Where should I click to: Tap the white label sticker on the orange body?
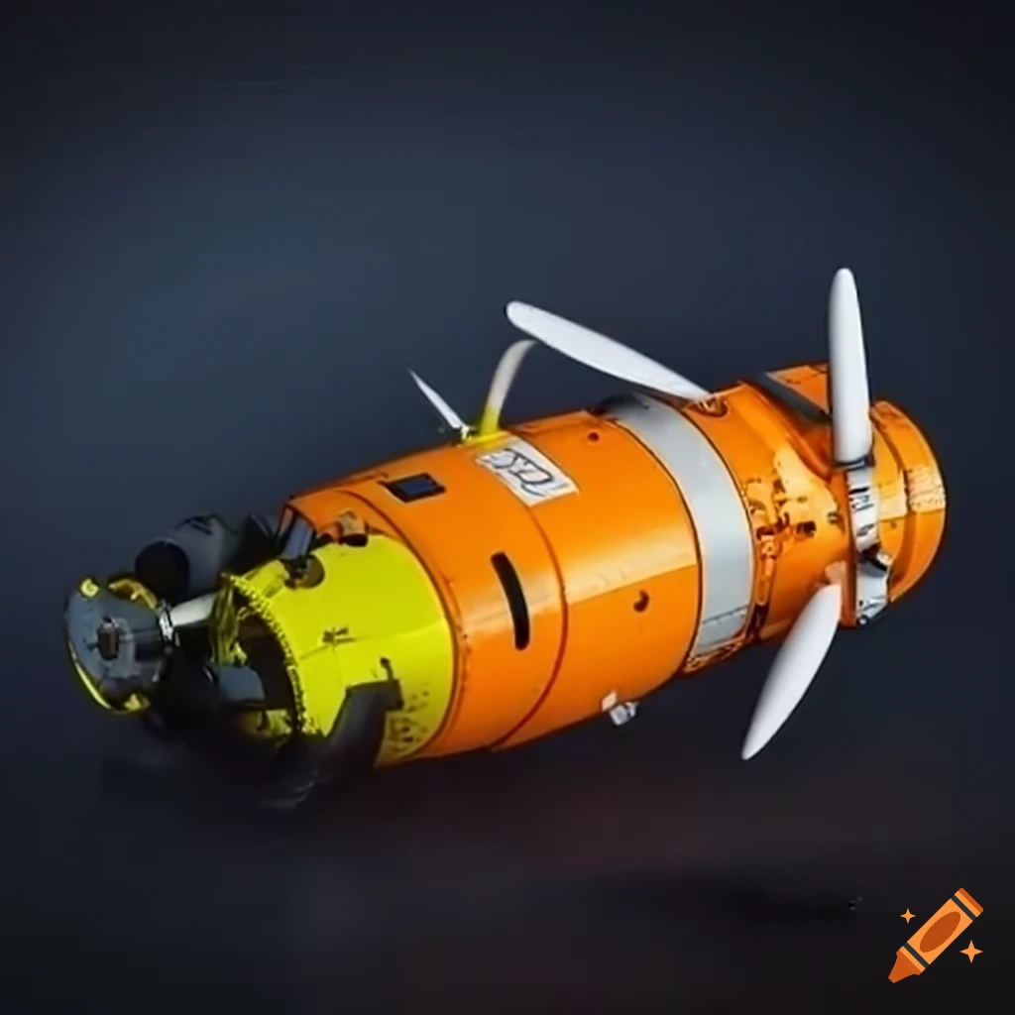click(521, 473)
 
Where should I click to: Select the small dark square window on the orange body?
click(414, 488)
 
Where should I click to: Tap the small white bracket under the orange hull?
click(620, 710)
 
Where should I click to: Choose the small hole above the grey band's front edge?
click(593, 436)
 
